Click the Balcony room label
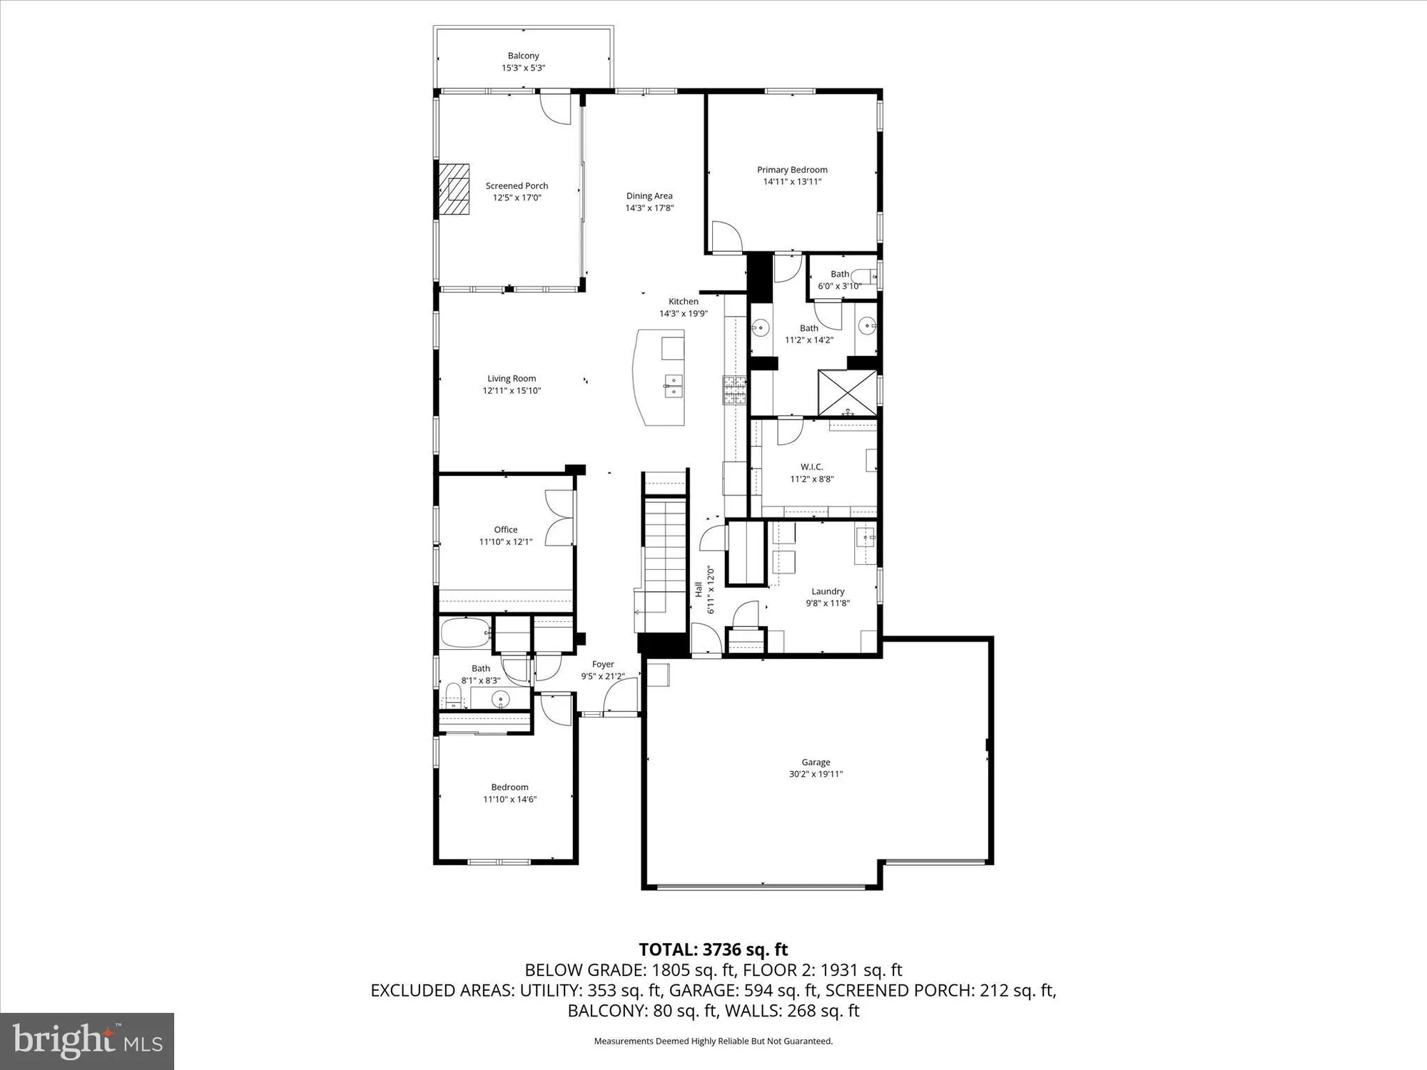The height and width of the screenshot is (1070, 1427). pyautogui.click(x=523, y=56)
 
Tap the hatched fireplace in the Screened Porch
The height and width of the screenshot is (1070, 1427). pyautogui.click(x=454, y=189)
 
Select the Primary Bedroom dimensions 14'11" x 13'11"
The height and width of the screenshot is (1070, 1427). pyautogui.click(x=792, y=182)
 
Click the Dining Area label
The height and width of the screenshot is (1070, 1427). pyautogui.click(x=649, y=196)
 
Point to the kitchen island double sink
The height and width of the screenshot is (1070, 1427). pyautogui.click(x=673, y=386)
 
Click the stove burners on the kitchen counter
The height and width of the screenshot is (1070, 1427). pyautogui.click(x=734, y=390)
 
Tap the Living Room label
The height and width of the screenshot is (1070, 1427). pyautogui.click(x=512, y=379)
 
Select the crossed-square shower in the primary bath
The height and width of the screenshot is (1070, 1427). pyautogui.click(x=847, y=392)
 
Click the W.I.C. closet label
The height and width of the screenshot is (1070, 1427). pyautogui.click(x=811, y=467)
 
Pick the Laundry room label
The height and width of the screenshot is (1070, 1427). pyautogui.click(x=828, y=591)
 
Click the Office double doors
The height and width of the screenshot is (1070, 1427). pyautogui.click(x=559, y=519)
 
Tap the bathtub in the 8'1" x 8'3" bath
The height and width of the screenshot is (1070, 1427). pyautogui.click(x=464, y=633)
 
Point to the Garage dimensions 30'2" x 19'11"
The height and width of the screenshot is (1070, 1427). pyautogui.click(x=816, y=774)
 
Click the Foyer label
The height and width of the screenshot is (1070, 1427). pyautogui.click(x=603, y=664)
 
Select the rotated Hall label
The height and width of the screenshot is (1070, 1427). pyautogui.click(x=699, y=589)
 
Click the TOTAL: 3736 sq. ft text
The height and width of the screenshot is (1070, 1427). pyautogui.click(x=713, y=949)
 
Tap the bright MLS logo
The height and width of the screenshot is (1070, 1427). pyautogui.click(x=87, y=1041)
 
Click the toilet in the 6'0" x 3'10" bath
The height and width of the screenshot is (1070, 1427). pyautogui.click(x=865, y=275)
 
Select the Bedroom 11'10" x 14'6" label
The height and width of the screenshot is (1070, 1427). pyautogui.click(x=509, y=788)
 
